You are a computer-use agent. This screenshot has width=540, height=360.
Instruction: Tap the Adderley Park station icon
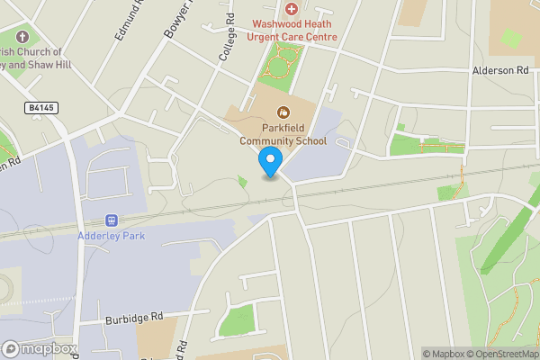point(112,220)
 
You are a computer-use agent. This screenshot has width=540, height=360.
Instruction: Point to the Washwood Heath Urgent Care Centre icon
point(291,8)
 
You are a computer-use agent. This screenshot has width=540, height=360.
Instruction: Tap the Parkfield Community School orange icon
point(283,112)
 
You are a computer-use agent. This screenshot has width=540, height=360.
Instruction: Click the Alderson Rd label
point(499,70)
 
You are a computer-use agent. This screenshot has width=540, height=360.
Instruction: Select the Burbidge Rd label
point(132,317)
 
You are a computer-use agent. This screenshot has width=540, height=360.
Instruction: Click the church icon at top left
point(23,38)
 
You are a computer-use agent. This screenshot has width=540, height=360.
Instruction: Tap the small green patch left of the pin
point(243,182)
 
